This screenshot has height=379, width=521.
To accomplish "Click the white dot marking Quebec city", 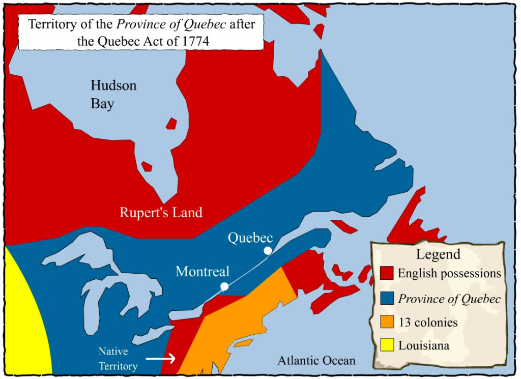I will (268, 250).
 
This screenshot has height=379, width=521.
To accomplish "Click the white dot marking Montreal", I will (224, 287).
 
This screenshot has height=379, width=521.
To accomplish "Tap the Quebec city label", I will (250, 238).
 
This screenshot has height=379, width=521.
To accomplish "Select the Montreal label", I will (202, 272).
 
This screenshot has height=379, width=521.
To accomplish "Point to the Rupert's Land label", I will (161, 212).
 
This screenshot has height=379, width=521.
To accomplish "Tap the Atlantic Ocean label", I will (316, 361).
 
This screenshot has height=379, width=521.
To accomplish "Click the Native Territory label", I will (118, 359).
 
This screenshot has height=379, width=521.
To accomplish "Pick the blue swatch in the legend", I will (387, 298).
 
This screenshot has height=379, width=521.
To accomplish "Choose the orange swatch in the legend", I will (387, 323).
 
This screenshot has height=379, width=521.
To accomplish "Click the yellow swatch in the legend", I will (387, 346).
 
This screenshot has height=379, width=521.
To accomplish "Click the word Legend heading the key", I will (438, 254).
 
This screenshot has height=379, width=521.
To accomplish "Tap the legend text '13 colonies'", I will (427, 323).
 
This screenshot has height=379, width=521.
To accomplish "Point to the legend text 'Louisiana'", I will (423, 346).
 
